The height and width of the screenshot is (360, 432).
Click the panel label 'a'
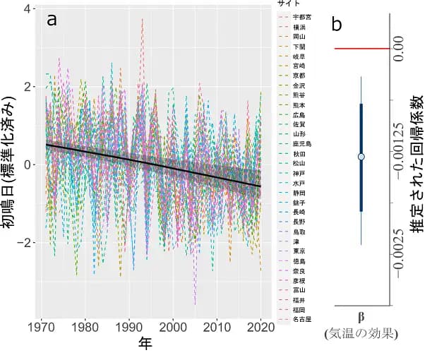pos(52,21)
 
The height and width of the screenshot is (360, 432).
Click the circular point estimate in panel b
pos(361,156)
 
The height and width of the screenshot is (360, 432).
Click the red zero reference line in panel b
pos(360,49)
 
